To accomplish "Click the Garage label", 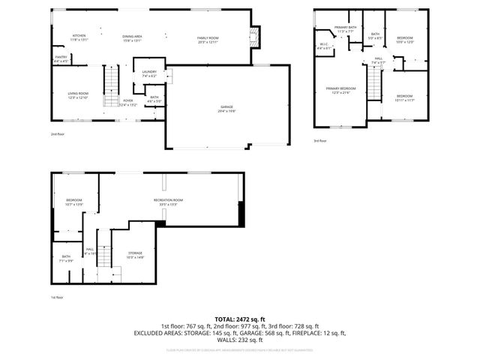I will [226, 108].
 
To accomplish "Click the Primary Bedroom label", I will [340, 90].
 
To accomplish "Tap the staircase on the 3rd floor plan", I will [375, 83].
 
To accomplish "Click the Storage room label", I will [135, 255].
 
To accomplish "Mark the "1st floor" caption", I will [57, 298].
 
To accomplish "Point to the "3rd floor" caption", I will [320, 140].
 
